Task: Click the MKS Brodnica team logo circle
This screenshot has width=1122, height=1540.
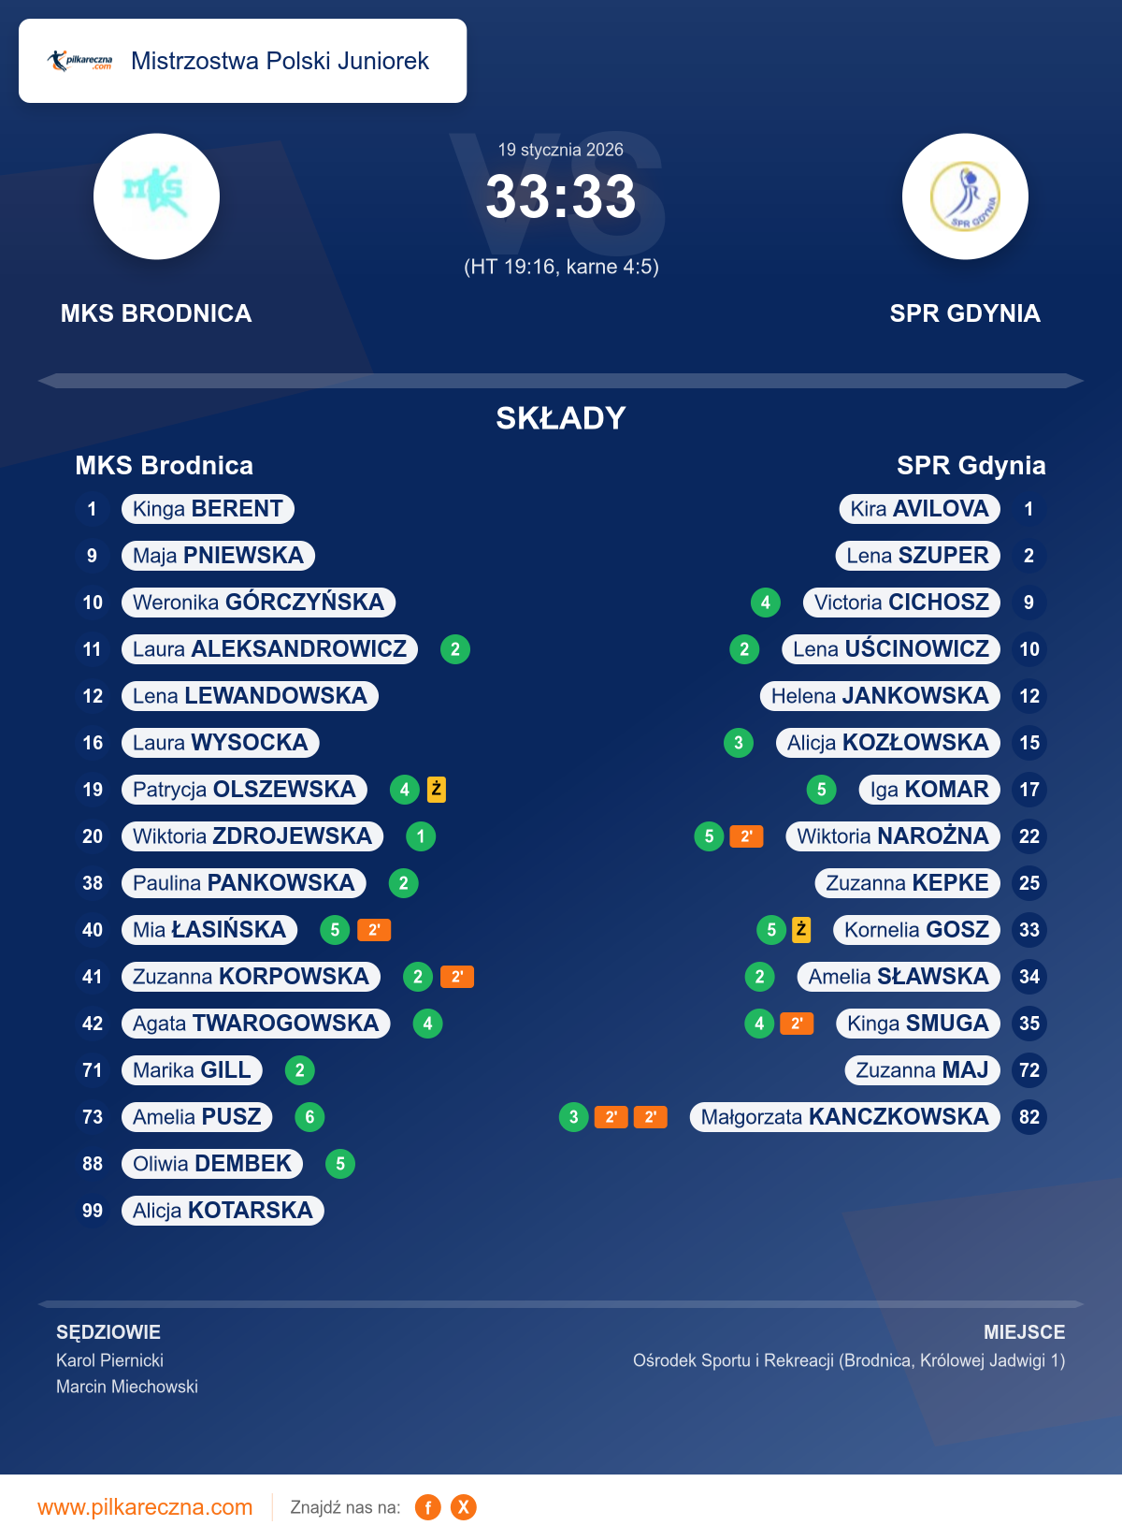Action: click(156, 196)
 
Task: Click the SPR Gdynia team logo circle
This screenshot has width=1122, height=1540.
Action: click(965, 196)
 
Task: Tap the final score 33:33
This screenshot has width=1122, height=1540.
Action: click(561, 197)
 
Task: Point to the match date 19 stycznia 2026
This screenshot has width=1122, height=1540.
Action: click(560, 150)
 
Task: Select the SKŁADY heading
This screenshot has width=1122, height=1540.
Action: click(561, 418)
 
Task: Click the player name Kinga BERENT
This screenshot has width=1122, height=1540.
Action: click(208, 509)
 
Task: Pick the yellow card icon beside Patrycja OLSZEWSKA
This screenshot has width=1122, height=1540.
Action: click(437, 790)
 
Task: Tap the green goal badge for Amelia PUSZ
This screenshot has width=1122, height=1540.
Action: click(309, 1117)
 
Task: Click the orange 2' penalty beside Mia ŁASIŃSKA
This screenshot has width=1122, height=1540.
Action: click(374, 930)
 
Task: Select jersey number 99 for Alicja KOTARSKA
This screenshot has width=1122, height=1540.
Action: click(93, 1211)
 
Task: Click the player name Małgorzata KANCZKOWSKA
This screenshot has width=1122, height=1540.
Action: click(844, 1117)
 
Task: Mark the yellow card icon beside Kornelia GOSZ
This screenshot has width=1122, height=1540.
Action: click(801, 930)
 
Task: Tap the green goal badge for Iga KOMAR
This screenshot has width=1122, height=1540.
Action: click(821, 790)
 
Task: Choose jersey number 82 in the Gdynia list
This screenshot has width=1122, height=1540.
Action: click(1029, 1117)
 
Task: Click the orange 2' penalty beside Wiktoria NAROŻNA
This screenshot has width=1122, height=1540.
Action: click(746, 836)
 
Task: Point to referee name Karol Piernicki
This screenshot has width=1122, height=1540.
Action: click(109, 1360)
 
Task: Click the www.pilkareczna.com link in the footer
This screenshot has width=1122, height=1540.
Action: click(145, 1507)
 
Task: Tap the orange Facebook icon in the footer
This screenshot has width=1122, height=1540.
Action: click(427, 1507)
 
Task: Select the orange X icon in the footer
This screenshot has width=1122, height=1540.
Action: click(464, 1507)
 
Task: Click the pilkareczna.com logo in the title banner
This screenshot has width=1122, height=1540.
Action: click(80, 61)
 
